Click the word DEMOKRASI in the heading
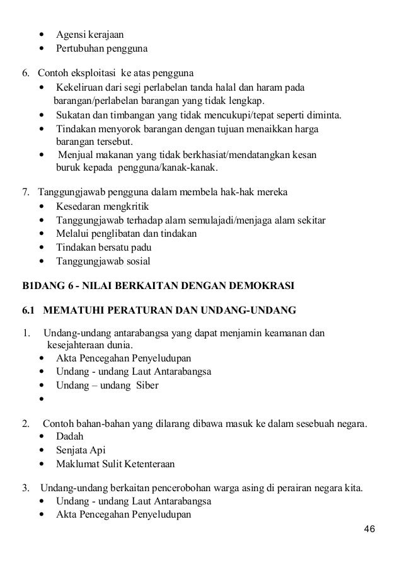(x=263, y=285)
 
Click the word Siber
(x=144, y=385)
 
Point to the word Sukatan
(x=74, y=116)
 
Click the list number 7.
(x=26, y=191)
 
